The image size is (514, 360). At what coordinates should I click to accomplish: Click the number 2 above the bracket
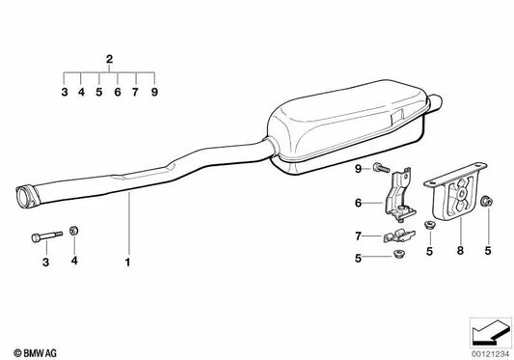109,60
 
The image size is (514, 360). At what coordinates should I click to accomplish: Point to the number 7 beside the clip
357,235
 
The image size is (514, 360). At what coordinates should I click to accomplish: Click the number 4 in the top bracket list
82,93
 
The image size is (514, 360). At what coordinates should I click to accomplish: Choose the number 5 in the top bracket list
99,93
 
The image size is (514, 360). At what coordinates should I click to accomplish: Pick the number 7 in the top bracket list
135,93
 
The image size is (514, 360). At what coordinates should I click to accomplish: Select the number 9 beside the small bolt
357,171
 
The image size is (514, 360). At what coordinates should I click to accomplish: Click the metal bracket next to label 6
398,198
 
